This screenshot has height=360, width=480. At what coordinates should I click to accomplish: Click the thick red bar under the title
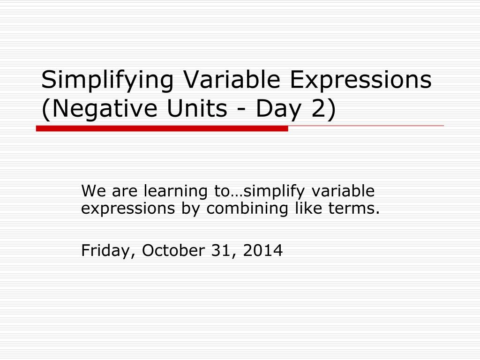coord(162,129)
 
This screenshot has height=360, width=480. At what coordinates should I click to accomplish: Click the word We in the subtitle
coord(91,192)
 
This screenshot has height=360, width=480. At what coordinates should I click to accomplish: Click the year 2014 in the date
coord(263,251)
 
